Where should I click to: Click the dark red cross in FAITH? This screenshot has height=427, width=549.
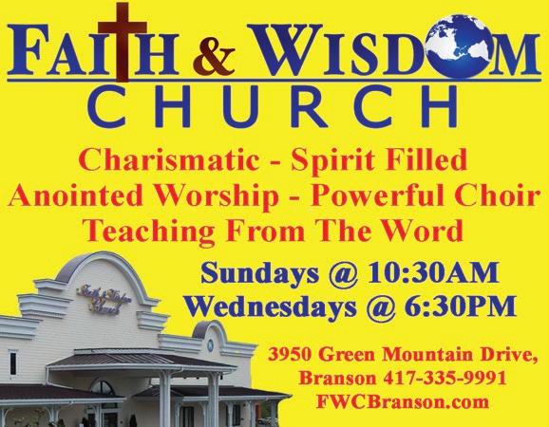click(123, 41)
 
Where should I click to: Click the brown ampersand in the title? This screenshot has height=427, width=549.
click(214, 58)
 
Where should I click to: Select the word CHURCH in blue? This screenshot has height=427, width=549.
click(273, 106)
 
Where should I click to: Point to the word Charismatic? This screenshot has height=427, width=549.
click(169, 161)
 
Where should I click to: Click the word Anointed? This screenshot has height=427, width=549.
click(76, 195)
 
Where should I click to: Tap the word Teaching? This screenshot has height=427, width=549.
click(148, 232)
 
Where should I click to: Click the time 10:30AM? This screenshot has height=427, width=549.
click(433, 272)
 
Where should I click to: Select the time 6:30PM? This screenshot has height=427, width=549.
click(460, 306)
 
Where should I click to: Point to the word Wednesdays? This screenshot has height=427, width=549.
click(271, 307)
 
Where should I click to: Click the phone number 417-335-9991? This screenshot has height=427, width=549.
click(445, 379)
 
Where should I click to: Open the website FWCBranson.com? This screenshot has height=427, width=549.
click(403, 401)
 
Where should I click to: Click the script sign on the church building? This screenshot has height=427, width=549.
click(104, 301)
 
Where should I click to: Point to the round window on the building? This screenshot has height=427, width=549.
click(210, 345)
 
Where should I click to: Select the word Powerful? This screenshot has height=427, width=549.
click(381, 195)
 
